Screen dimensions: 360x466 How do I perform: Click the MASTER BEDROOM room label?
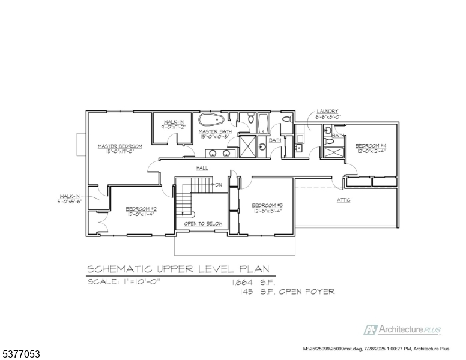click(x=120, y=146)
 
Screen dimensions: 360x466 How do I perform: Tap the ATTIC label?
click(x=343, y=200)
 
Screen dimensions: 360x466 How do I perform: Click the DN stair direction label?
click(x=219, y=184)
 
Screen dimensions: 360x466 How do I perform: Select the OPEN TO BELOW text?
click(x=203, y=224)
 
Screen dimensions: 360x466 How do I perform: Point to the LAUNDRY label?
click(x=327, y=112)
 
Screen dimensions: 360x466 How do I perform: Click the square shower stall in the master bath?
click(x=248, y=146)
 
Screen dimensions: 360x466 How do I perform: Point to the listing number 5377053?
click(x=21, y=355)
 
